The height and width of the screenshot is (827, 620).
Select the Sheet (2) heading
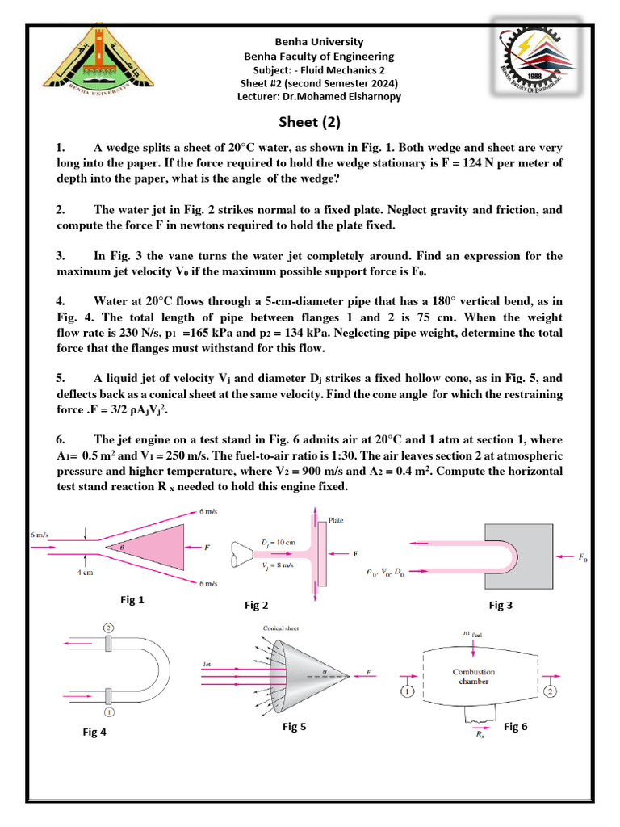click(x=310, y=123)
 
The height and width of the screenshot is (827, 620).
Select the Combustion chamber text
click(x=474, y=676)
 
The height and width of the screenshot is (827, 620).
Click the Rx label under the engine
click(x=480, y=736)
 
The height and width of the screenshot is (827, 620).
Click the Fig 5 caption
click(x=294, y=727)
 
